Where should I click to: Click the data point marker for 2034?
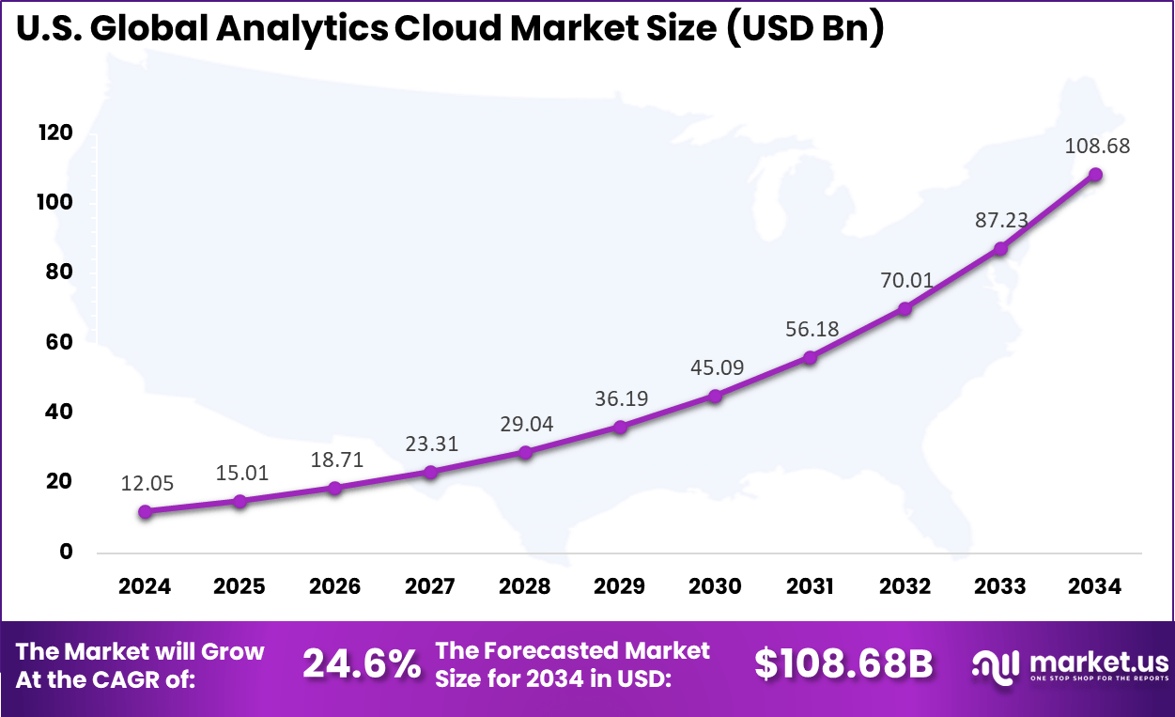point(1095,175)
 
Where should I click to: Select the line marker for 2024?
point(145,512)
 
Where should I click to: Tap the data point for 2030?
point(715,397)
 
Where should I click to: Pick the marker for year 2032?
point(904,309)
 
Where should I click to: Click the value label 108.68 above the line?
point(1097,147)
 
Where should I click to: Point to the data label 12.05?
point(147,483)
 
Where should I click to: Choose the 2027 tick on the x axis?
point(430,586)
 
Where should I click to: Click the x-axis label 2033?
point(999,586)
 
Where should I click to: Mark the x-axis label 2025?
point(240,586)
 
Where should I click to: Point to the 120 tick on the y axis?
point(55,133)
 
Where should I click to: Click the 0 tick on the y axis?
point(65,552)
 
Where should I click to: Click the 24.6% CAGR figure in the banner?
point(362,664)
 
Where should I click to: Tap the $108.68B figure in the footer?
point(843,664)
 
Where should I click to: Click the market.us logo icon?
point(995,664)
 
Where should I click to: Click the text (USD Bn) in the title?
point(805,28)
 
